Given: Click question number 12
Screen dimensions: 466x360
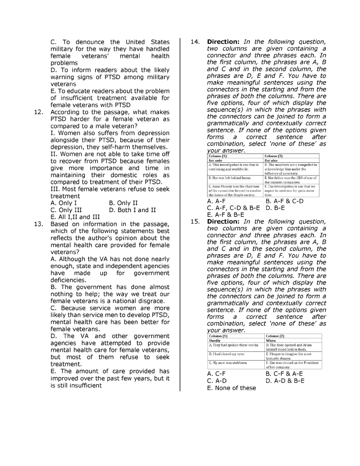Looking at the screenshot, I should click(x=38, y=112).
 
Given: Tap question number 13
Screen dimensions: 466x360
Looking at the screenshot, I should click(x=38, y=224).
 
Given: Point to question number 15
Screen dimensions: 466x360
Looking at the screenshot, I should click(x=195, y=222).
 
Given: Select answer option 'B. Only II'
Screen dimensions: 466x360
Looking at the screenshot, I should click(x=124, y=203).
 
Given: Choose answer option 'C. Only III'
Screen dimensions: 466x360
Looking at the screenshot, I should click(x=66, y=210).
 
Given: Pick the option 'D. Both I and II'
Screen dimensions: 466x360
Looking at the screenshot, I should click(x=132, y=210).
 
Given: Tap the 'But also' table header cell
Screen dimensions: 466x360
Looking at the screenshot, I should click(x=271, y=160).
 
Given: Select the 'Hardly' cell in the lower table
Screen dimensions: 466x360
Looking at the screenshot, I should click(x=215, y=341).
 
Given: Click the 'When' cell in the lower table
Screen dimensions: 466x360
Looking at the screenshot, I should click(x=271, y=341).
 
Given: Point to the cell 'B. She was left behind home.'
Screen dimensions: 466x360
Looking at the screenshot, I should click(x=230, y=178).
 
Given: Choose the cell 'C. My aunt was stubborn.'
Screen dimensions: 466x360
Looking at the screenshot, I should click(x=228, y=363).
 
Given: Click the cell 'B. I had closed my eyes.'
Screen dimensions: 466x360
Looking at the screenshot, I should click(x=227, y=354).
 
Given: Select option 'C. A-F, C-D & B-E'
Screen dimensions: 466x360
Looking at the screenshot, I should click(x=233, y=208).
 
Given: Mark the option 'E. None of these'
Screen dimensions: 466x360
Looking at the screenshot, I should click(x=232, y=388).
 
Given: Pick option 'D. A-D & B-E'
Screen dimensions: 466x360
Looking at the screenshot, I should click(x=285, y=381).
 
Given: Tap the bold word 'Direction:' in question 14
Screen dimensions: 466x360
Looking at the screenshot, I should click(x=223, y=42).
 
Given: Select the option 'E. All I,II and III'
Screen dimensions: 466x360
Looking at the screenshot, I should click(x=75, y=217).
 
